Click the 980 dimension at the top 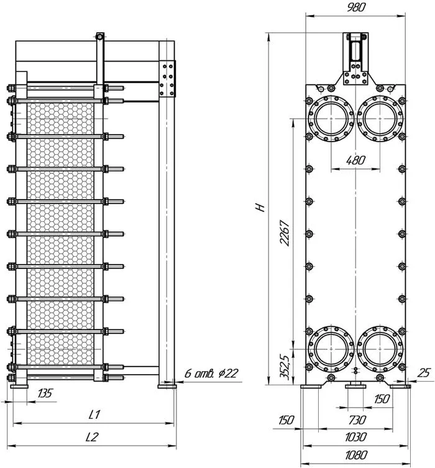[x=356, y=7]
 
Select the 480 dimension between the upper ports [x=355, y=160]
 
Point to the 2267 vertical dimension [x=285, y=233]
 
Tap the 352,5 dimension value [x=285, y=367]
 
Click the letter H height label [x=260, y=207]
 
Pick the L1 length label [x=94, y=415]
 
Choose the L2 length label [x=92, y=438]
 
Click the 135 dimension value [x=45, y=393]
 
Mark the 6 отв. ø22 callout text [x=211, y=374]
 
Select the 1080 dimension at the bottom [x=356, y=456]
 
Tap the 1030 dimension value [x=356, y=438]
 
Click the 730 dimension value [x=357, y=420]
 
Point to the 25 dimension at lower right [x=424, y=373]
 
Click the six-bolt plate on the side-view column [x=167, y=79]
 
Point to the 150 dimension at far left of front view [x=286, y=420]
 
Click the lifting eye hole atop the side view [x=99, y=37]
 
